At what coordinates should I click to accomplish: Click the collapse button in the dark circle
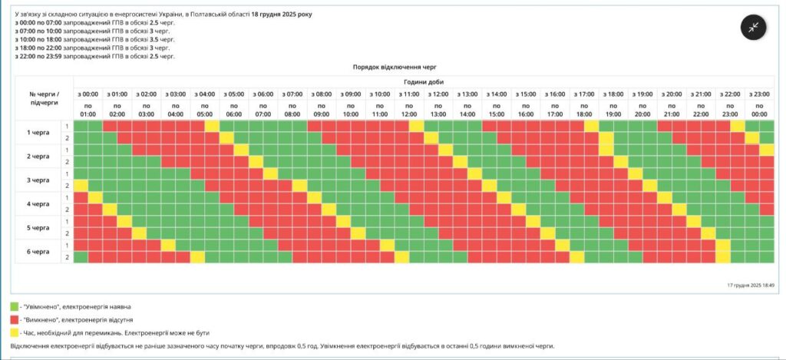pyautogui.click(x=753, y=27)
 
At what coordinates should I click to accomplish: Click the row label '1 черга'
pyautogui.click(x=38, y=132)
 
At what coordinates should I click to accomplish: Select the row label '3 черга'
pyautogui.click(x=38, y=180)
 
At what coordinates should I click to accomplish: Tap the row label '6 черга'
pyautogui.click(x=38, y=251)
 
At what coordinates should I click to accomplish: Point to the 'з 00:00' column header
pyautogui.click(x=88, y=94)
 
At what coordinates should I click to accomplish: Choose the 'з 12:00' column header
pyautogui.click(x=438, y=94)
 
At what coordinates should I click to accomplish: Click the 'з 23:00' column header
pyautogui.click(x=759, y=94)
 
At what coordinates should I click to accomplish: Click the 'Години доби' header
pyautogui.click(x=423, y=81)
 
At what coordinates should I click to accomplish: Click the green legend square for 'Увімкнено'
pyautogui.click(x=15, y=306)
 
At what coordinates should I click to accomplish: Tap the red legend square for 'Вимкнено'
pyautogui.click(x=15, y=319)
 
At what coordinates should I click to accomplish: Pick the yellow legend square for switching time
pyautogui.click(x=15, y=332)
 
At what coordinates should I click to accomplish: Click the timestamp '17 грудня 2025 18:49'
pyautogui.click(x=750, y=285)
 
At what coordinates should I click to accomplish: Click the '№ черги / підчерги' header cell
pyautogui.click(x=43, y=97)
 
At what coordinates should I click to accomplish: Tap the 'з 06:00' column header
pyautogui.click(x=263, y=94)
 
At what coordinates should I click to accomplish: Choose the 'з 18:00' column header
pyautogui.click(x=613, y=94)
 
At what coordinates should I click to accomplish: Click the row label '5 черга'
pyautogui.click(x=38, y=227)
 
